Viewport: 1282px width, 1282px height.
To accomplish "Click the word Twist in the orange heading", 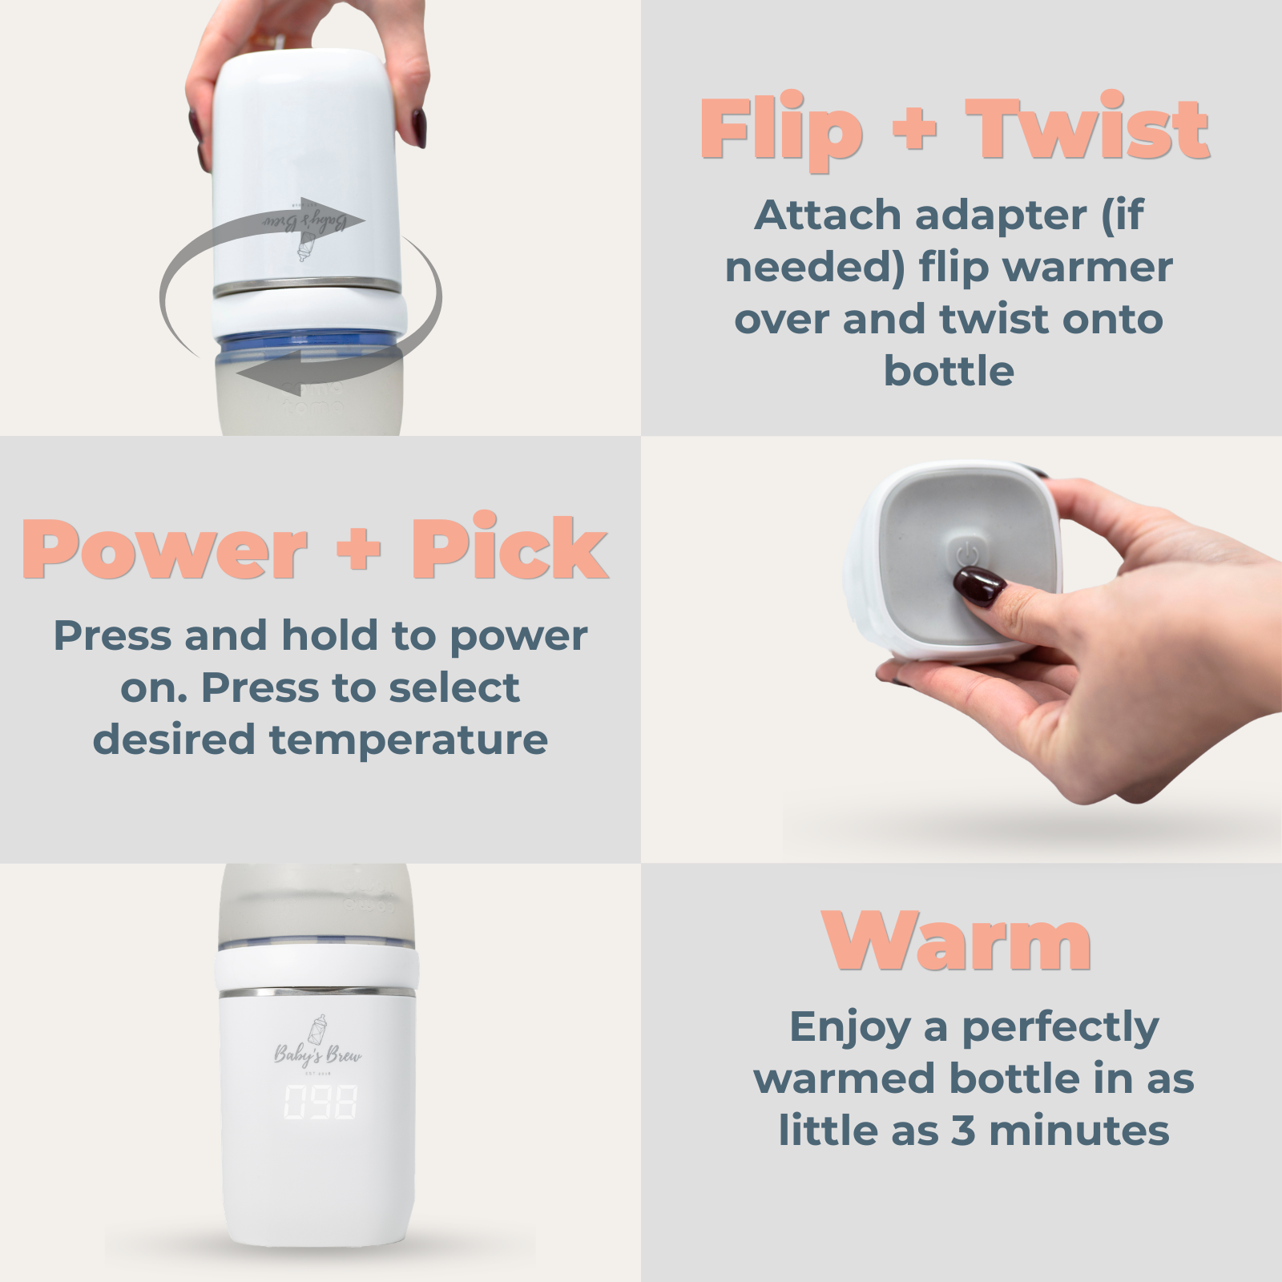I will [1087, 128].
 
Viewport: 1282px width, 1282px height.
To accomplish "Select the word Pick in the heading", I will [509, 549].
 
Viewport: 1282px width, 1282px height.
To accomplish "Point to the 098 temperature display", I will [320, 1103].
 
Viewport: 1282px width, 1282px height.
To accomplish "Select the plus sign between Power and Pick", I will [358, 551].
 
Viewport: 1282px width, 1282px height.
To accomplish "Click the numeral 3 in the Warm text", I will [963, 1131].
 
